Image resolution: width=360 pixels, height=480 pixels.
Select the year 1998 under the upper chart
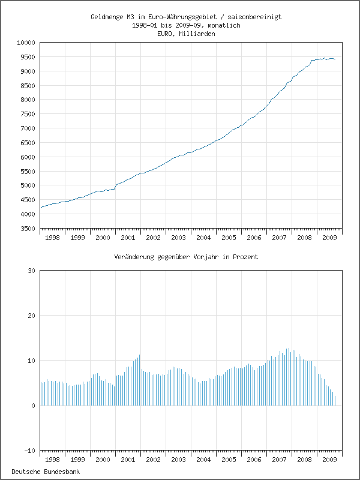(x=53, y=238)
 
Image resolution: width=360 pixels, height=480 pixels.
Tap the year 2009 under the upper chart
(x=329, y=238)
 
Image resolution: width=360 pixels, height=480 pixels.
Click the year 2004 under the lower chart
(x=203, y=460)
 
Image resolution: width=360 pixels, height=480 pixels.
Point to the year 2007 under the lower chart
(x=279, y=460)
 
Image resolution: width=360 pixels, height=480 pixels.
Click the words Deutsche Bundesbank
(x=46, y=472)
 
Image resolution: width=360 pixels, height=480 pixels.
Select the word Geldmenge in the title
(x=107, y=17)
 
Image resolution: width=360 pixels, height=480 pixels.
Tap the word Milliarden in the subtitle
(x=197, y=34)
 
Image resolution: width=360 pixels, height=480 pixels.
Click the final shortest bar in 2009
(x=335, y=401)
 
